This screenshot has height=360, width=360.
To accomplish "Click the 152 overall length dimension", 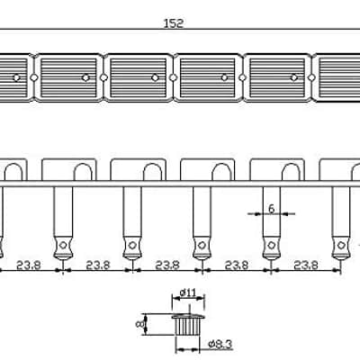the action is [x=174, y=23].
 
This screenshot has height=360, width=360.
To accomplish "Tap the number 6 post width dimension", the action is [x=271, y=209].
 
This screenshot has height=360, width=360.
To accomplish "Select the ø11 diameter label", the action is [x=188, y=292].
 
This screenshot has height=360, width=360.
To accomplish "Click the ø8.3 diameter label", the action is [x=220, y=344].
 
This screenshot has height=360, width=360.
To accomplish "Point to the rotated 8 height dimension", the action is [x=139, y=324].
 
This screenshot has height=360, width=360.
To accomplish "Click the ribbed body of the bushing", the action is [x=187, y=327].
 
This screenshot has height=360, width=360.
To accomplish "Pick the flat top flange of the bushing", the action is [x=188, y=316].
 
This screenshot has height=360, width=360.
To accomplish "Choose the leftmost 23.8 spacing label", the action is [x=29, y=265].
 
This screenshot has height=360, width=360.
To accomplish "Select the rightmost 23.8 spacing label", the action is [x=306, y=265].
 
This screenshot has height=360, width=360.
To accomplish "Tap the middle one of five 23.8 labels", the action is [x=167, y=265].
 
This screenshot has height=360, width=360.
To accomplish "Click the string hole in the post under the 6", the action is [x=271, y=245].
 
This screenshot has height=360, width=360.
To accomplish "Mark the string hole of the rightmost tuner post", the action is [x=341, y=245].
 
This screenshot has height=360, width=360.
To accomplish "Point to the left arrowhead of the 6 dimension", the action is [x=256, y=214].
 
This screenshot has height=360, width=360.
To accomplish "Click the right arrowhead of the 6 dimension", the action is [x=284, y=214].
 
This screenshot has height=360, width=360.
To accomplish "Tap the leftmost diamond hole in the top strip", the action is [x=34, y=77].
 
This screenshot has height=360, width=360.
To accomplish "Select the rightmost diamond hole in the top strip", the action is [x=312, y=77].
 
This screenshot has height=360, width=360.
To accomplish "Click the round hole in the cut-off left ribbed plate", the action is [x=16, y=78].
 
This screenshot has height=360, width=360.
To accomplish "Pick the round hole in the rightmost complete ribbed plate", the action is [x=293, y=78].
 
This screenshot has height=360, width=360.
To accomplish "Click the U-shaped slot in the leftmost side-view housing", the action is [x=13, y=172].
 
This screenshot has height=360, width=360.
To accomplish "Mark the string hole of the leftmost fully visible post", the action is [x=63, y=245].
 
